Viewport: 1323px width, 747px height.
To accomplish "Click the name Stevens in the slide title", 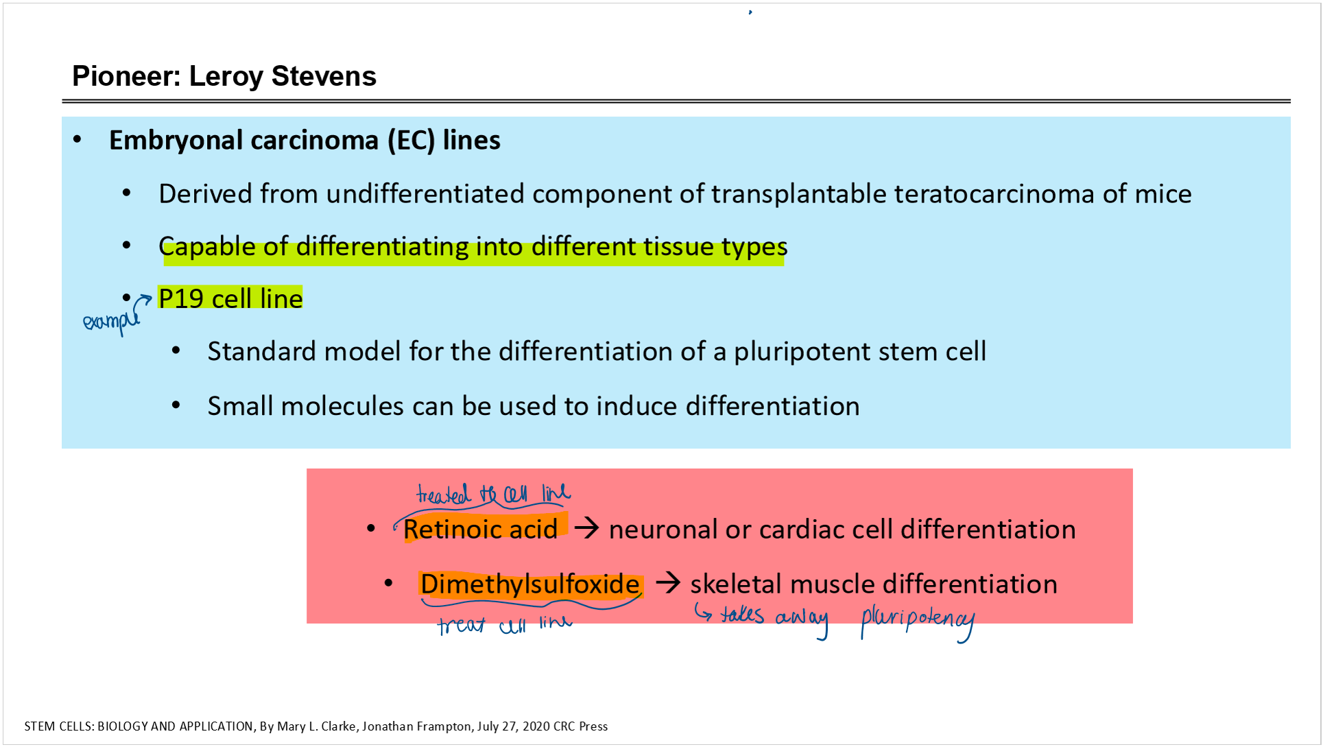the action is [324, 76].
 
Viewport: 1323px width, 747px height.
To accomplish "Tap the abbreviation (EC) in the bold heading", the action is [411, 141].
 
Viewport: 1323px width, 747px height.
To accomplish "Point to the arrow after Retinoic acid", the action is [587, 528].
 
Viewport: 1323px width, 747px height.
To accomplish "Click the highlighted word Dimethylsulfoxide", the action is [530, 584].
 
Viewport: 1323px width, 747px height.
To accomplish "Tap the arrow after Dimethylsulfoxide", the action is [668, 583].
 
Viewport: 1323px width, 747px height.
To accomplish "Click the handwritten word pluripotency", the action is [918, 621].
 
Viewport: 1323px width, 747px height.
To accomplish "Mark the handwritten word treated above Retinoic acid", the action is [444, 494].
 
